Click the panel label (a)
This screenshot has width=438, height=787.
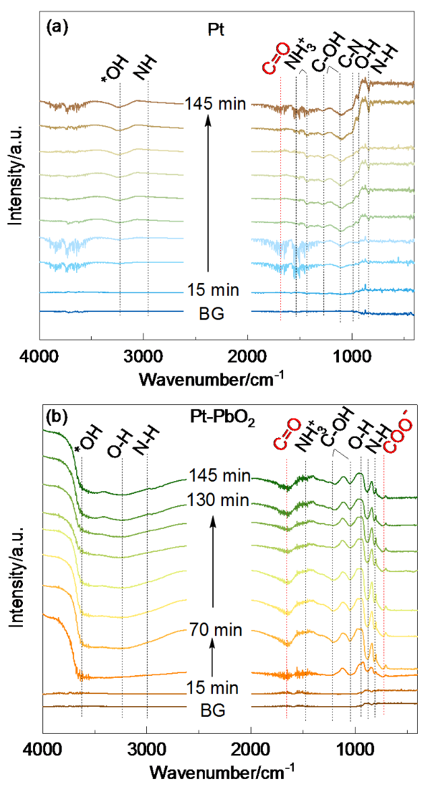click(x=55, y=28)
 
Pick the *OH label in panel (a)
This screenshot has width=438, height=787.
click(x=112, y=69)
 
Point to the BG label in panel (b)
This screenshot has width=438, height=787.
click(x=212, y=710)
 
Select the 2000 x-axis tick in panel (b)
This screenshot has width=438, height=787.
click(x=251, y=748)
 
